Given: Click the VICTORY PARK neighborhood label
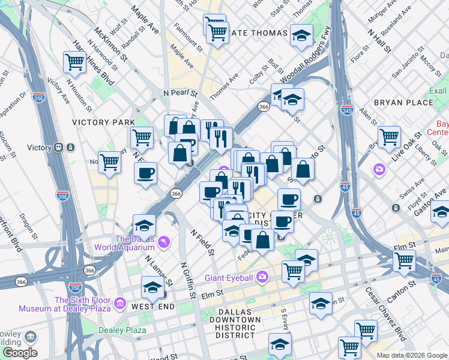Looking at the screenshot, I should pos(103,122).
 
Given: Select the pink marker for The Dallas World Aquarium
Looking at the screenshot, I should pos(164,242).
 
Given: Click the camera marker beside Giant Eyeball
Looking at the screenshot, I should pos(262,277).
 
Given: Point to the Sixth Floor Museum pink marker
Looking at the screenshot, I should pos(120,303).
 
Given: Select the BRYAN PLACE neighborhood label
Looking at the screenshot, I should pos(403,103).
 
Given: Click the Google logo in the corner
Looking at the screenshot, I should pos(20,353).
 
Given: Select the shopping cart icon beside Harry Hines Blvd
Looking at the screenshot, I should pos(74,61).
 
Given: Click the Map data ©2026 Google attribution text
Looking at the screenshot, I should pos(412,355).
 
